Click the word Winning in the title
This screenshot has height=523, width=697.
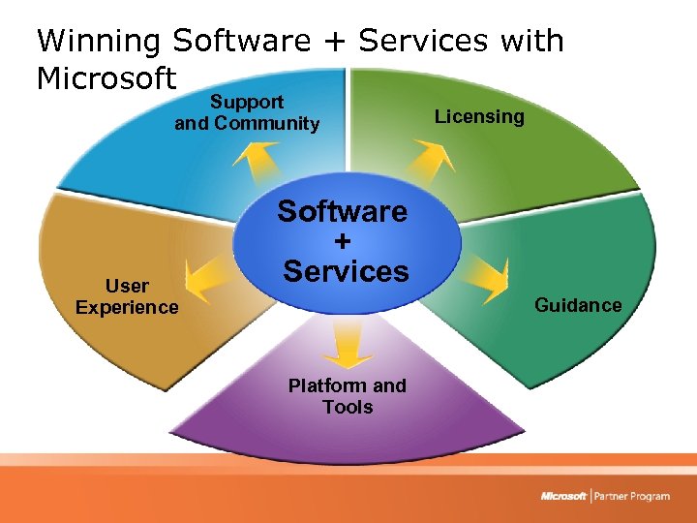tap(100, 41)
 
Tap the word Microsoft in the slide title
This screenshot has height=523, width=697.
tap(106, 77)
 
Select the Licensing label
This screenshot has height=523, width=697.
tap(479, 116)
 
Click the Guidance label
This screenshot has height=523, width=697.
tap(578, 305)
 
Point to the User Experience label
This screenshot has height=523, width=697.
tap(127, 296)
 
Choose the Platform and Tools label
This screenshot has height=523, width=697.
tap(348, 396)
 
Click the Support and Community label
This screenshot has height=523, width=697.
tap(247, 112)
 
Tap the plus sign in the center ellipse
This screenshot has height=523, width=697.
tap(344, 241)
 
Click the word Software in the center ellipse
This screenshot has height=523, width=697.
tap(343, 211)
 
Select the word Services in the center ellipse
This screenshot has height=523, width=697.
tap(346, 271)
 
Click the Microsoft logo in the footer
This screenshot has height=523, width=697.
tap(563, 497)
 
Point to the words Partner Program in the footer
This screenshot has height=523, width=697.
tap(633, 497)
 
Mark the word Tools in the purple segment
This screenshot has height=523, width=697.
tap(348, 407)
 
